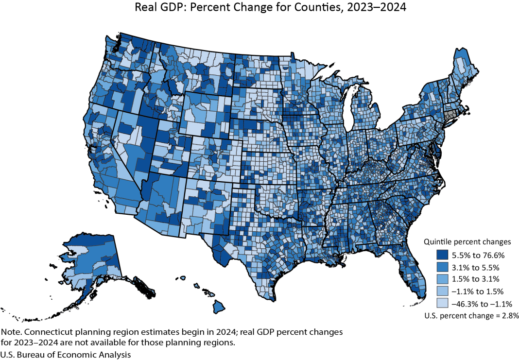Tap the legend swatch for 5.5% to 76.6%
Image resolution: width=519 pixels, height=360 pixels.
442,255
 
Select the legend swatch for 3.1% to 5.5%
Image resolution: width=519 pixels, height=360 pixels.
442,267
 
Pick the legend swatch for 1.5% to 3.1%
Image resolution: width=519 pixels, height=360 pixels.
442,279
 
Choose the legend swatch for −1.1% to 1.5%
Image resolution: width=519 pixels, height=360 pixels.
442,291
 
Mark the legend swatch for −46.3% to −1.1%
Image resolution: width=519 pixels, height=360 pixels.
442,304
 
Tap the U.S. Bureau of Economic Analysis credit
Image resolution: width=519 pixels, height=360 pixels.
66,355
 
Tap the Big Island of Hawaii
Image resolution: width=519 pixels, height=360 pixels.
219,307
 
